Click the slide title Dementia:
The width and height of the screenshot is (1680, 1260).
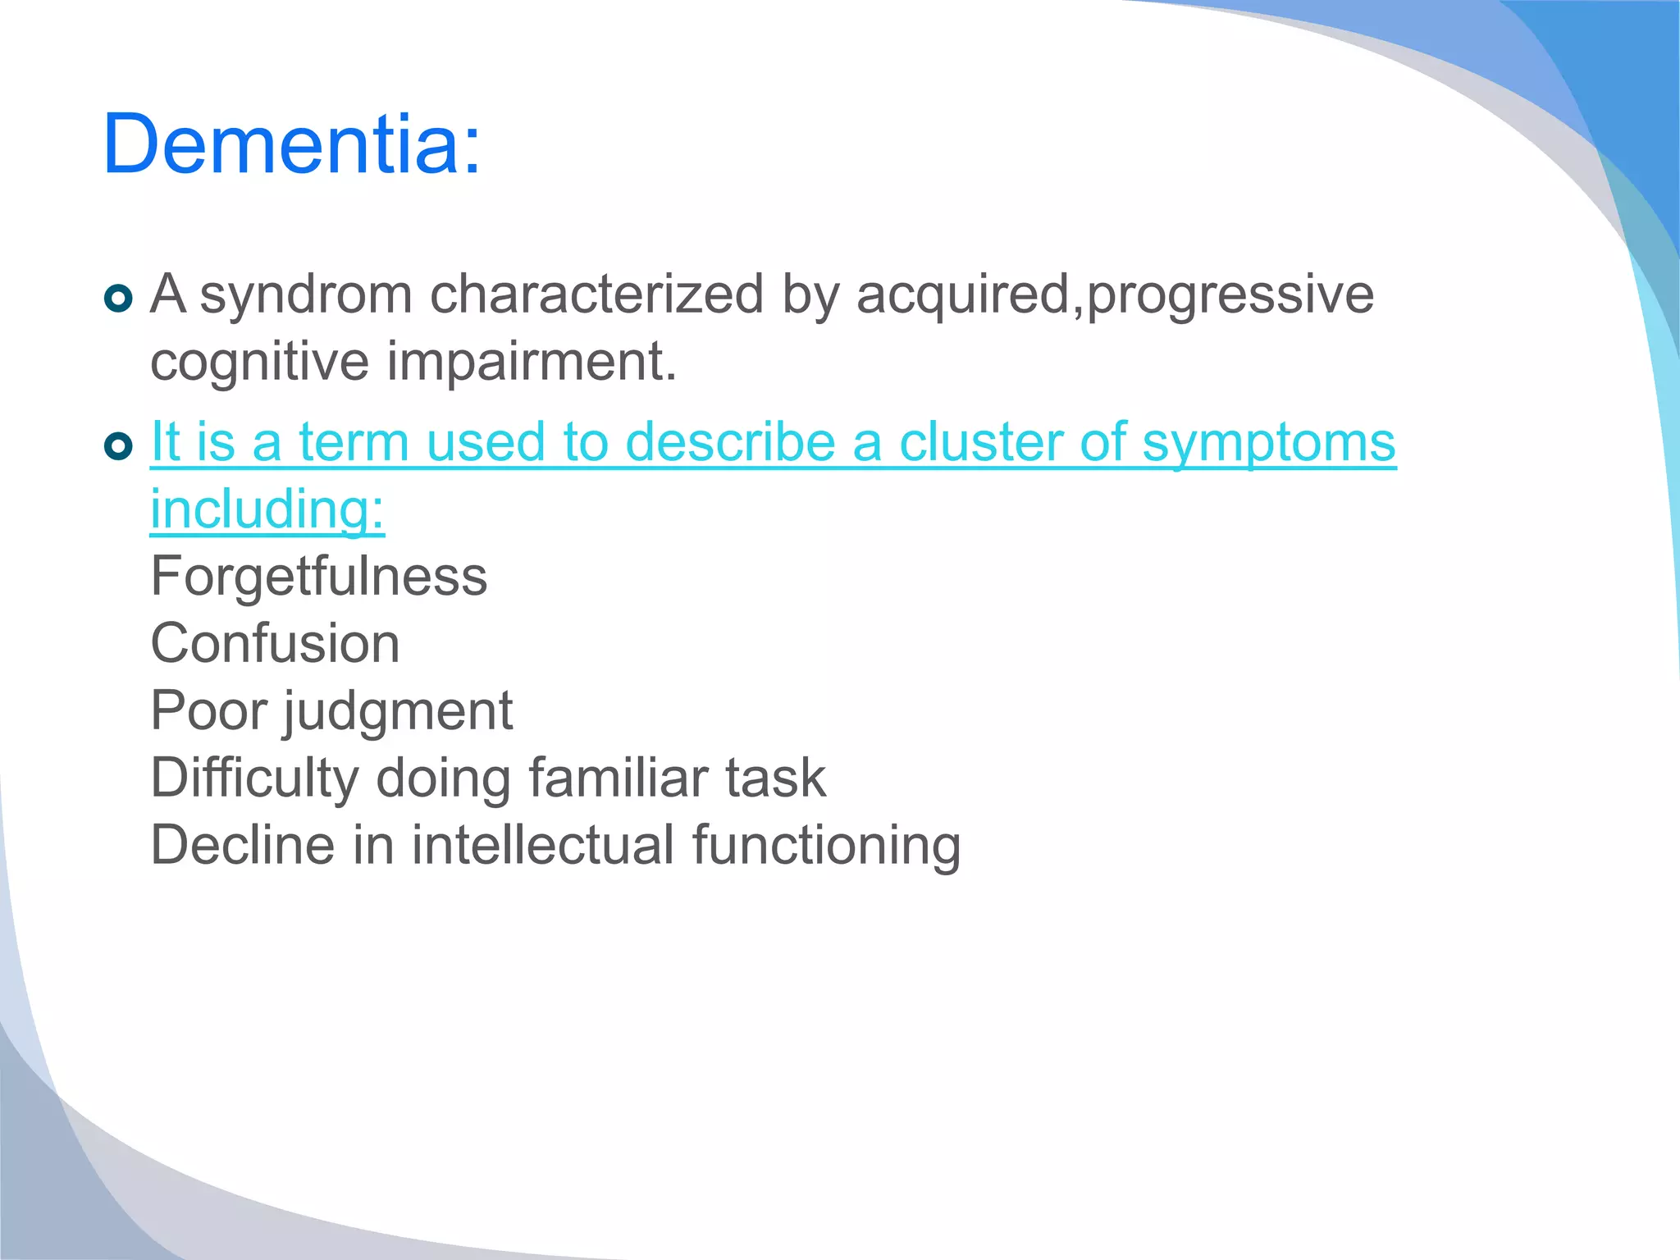tap(291, 144)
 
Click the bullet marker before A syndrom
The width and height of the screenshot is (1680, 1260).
tap(119, 299)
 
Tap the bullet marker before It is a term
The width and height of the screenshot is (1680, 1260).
tap(119, 447)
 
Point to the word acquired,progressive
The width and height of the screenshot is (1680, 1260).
tap(1115, 295)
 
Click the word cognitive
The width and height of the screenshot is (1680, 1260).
tap(259, 362)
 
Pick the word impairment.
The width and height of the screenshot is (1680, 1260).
tap(532, 362)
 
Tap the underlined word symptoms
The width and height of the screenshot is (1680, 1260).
tap(1268, 444)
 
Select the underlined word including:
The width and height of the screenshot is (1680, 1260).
tap(267, 509)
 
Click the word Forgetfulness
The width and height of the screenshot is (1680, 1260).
tap(319, 576)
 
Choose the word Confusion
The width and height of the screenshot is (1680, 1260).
tap(276, 643)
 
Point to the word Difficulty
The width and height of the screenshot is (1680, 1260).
tap(254, 778)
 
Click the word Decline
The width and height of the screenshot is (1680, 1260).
tap(243, 845)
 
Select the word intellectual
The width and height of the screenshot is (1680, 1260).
tap(542, 845)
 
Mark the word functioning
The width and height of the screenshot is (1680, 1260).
tap(826, 847)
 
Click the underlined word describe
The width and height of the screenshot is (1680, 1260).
tap(730, 442)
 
